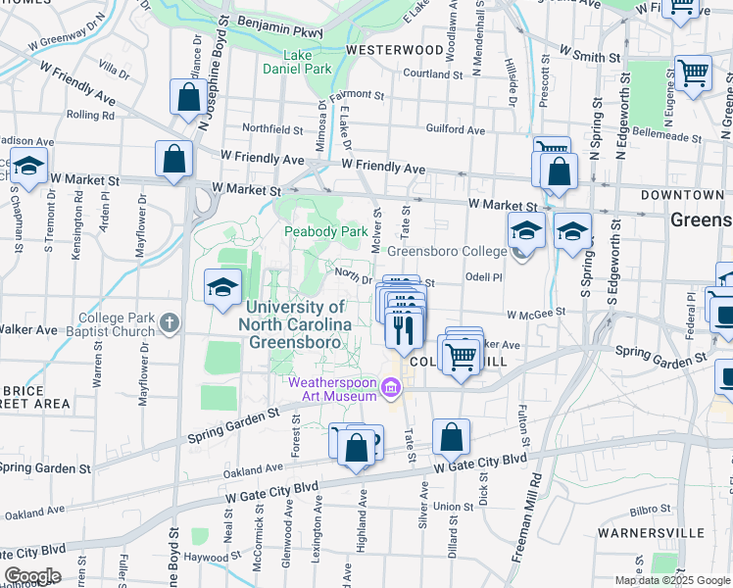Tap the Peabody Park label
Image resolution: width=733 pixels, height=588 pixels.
325,232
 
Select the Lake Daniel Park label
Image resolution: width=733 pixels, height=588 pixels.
297,62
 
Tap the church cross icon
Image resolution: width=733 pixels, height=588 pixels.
169,322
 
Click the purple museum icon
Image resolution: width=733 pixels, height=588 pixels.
391,390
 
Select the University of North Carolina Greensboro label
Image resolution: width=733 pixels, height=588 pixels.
298,325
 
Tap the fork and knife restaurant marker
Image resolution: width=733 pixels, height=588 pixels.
404,328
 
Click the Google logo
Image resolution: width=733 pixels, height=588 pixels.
31,575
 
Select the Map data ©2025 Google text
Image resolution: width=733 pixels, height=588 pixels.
672,580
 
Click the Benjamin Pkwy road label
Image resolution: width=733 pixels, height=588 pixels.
279,30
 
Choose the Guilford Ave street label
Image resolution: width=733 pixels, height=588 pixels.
456,129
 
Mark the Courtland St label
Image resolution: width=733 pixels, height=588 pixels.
431,73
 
